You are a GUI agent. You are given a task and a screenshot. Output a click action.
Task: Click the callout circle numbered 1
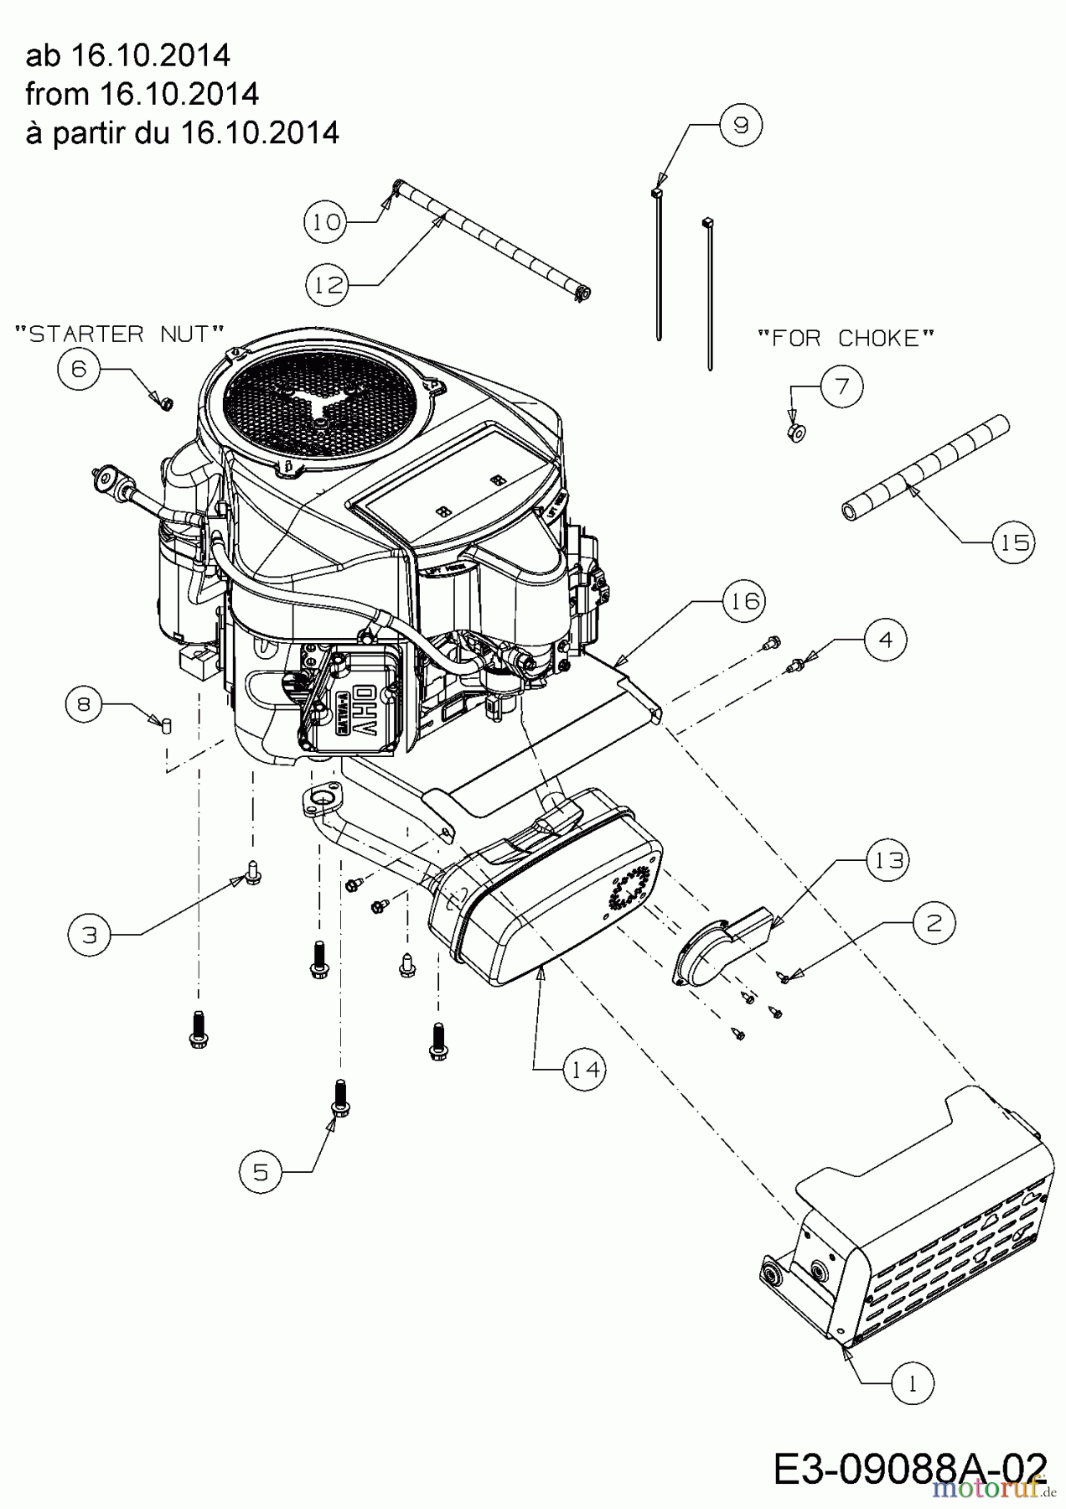912,1382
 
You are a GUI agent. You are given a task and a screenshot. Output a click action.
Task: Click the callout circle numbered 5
261,1171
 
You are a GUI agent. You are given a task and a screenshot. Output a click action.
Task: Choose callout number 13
887,860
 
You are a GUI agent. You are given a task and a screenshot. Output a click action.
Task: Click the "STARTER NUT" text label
120,334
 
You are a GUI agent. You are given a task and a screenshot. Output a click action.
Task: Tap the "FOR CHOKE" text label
845,338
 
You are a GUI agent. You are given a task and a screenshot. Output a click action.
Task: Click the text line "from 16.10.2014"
142,94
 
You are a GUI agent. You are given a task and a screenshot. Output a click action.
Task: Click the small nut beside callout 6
165,404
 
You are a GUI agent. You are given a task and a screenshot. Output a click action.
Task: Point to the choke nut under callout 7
796,433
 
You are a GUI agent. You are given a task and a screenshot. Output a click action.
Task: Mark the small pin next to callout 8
166,725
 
